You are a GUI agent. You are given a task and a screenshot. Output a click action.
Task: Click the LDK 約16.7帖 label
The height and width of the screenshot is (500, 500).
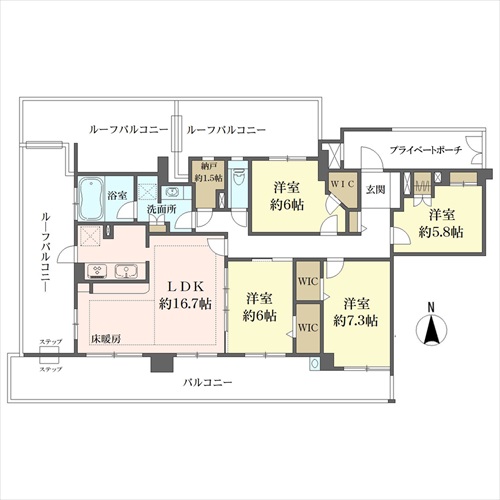click(x=185, y=295)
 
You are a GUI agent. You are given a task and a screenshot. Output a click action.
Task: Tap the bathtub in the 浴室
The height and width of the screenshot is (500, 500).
click(x=92, y=199)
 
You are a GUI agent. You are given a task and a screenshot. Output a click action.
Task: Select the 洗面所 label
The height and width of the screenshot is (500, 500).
click(x=162, y=209)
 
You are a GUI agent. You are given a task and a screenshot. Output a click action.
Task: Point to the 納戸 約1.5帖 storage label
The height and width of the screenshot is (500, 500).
click(x=209, y=172)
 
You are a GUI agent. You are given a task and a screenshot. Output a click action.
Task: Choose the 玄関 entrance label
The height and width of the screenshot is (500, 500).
click(x=375, y=190)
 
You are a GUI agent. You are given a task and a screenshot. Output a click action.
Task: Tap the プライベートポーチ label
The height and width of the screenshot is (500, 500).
click(x=426, y=150)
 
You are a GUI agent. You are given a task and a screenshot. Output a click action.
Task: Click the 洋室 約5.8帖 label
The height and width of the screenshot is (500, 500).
click(x=441, y=223)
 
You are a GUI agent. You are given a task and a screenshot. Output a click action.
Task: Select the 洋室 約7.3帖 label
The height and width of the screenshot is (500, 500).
click(x=356, y=312)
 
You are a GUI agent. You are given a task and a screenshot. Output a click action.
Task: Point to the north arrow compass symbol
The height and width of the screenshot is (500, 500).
click(x=432, y=328)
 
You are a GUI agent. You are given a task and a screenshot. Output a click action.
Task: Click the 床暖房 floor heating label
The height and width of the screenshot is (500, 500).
click(x=106, y=339)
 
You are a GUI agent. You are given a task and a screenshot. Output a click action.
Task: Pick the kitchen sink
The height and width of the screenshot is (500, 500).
click(x=126, y=271)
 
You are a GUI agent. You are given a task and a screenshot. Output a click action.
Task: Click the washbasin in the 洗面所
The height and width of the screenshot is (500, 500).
click(x=171, y=193)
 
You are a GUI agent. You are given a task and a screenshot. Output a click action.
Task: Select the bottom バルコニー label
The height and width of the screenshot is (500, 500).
click(x=207, y=382)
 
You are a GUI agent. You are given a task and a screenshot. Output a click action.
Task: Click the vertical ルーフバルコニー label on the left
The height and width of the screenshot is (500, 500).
click(x=46, y=252)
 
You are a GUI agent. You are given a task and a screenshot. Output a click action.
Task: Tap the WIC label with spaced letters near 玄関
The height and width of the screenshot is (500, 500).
click(x=343, y=184)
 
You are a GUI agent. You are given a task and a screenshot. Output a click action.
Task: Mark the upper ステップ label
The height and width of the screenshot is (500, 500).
click(x=51, y=342)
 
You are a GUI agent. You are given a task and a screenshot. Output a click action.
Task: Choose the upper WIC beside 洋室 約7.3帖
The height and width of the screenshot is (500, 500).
click(x=308, y=282)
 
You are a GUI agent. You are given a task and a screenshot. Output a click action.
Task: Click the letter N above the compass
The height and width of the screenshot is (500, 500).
click(x=431, y=307)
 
